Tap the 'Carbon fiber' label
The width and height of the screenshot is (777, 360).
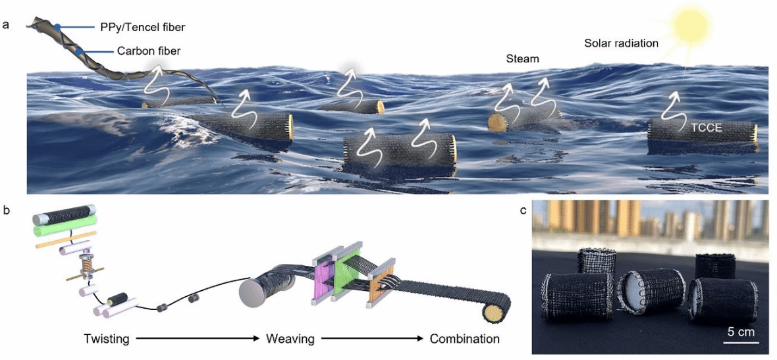(x=148, y=51)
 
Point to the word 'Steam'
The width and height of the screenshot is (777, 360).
(x=523, y=59)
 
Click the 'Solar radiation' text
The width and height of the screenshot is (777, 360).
(x=621, y=44)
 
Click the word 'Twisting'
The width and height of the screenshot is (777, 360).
(x=107, y=340)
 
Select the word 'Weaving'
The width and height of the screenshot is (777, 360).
(x=290, y=340)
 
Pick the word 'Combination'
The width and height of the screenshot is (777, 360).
(x=464, y=340)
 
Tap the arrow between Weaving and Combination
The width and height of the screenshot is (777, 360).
(x=373, y=340)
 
